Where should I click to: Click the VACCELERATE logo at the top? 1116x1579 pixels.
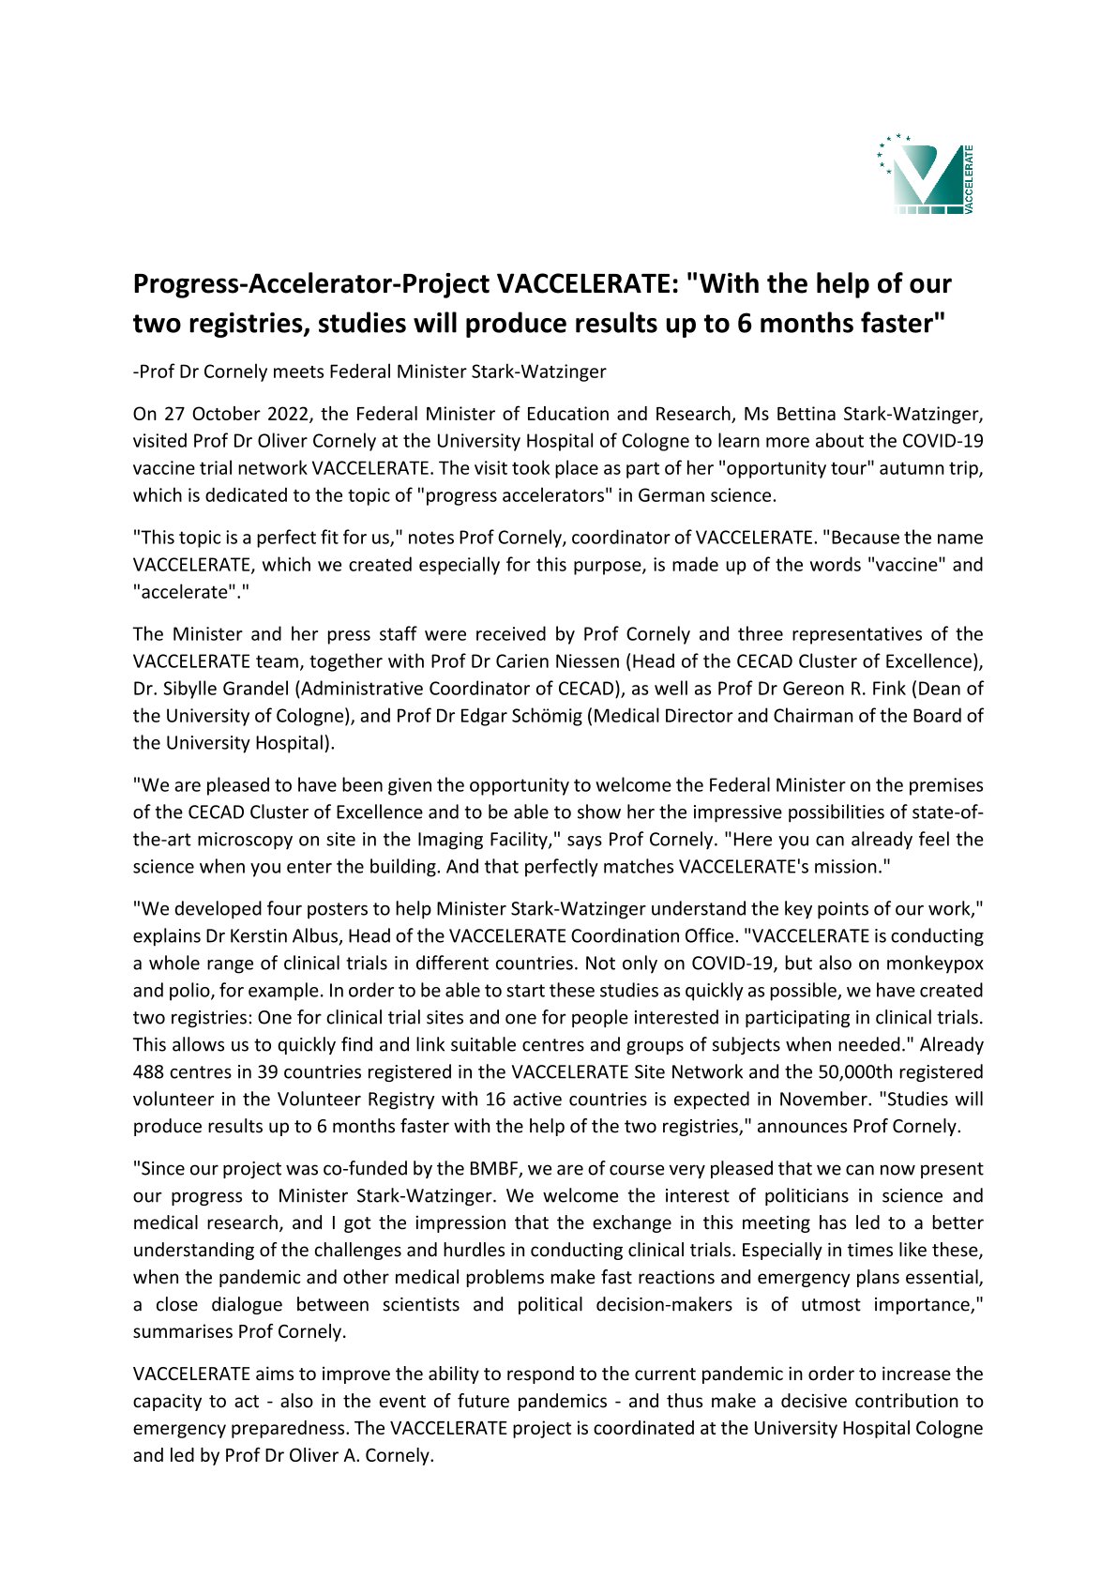(x=926, y=174)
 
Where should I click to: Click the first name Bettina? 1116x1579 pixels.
(x=807, y=414)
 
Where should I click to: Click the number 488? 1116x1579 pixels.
(x=149, y=1071)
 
